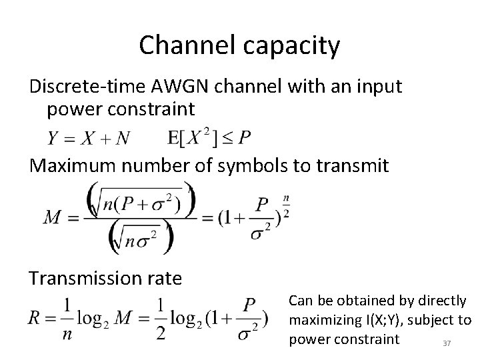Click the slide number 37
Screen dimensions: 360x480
pos(447,343)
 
